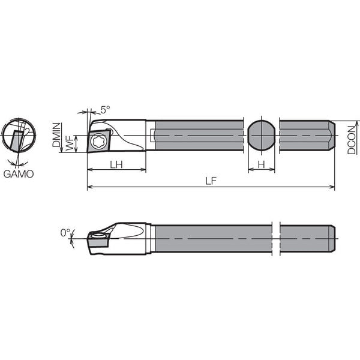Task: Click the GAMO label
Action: pos(19,174)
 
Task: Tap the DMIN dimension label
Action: pos(56,135)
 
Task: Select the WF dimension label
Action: pos(70,143)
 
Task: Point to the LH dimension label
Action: pos(116,164)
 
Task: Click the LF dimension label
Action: pos(211,181)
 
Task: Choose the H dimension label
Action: pos(262,164)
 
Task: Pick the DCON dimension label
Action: pos(351,140)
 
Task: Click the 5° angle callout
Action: pos(105,110)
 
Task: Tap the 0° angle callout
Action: pos(65,233)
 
